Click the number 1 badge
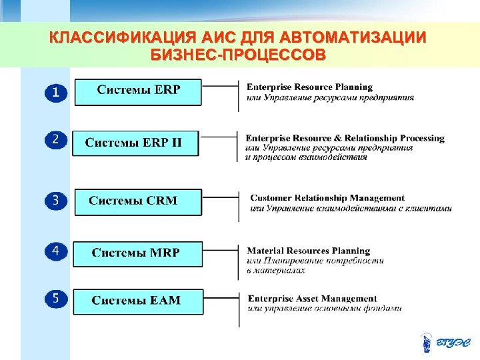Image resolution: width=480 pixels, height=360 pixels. [x=56, y=93]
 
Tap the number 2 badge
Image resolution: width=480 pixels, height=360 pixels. [x=56, y=140]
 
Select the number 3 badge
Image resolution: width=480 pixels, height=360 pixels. [x=56, y=200]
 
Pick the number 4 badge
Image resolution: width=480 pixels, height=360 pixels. [x=56, y=251]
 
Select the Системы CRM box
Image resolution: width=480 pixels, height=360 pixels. [x=137, y=201]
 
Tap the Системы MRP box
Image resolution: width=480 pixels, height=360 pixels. [x=137, y=253]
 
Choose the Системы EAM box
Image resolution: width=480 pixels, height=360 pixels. [x=137, y=301]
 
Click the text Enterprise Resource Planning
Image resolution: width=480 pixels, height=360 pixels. [x=310, y=87]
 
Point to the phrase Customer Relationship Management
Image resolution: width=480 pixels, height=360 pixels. [x=327, y=198]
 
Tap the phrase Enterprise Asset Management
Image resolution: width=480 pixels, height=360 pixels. [x=312, y=299]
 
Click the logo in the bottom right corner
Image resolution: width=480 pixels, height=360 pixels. [x=447, y=343]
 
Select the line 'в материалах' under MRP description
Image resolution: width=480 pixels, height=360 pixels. [x=276, y=270]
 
